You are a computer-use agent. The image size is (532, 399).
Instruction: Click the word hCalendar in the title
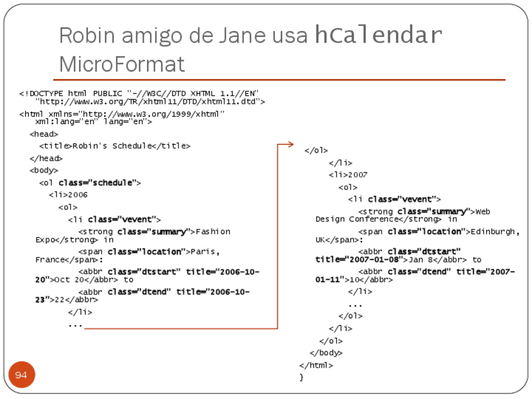coord(378,35)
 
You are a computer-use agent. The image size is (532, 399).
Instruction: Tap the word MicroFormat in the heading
coord(122,64)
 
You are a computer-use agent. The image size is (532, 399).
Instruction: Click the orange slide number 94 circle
coord(21,375)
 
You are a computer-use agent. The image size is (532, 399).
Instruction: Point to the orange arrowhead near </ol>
coord(289,145)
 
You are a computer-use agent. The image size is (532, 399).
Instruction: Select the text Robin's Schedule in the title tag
coord(112,146)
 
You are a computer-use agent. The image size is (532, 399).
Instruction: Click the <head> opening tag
coord(44,134)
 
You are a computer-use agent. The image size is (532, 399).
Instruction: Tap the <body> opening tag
coord(44,171)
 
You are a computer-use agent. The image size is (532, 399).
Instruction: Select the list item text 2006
coord(78,195)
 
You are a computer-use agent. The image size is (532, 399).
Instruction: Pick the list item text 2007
coord(358,175)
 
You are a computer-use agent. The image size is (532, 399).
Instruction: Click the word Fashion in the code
coord(213,232)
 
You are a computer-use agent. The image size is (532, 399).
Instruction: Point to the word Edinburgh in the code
coord(494,232)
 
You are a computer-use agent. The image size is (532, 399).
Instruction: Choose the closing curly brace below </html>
coord(302,377)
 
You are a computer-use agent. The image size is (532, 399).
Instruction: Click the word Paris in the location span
coord(205,252)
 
